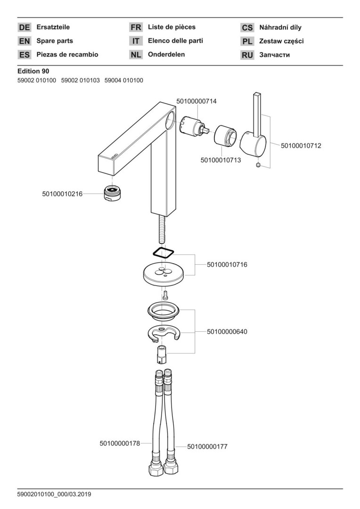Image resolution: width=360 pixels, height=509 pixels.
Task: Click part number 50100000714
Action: tap(196, 101)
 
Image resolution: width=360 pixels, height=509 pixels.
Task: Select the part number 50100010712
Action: tap(301, 146)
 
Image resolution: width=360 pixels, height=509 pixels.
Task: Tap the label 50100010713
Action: tap(221, 160)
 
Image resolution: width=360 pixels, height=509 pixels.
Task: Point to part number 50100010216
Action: tap(62, 193)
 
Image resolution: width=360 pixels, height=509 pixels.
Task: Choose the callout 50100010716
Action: tap(227, 265)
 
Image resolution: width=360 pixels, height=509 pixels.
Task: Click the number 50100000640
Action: tap(227, 332)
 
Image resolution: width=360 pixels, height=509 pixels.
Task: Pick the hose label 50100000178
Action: tap(120, 443)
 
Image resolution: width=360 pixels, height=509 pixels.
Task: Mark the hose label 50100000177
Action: tap(207, 446)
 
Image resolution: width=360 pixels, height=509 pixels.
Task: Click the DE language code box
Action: tap(25, 28)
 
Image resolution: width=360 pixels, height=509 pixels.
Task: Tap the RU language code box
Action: tap(247, 55)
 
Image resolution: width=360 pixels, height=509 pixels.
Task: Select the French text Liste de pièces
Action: tap(172, 27)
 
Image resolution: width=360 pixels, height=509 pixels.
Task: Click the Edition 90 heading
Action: tap(33, 71)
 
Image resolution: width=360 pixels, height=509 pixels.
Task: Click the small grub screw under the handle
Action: tap(258, 165)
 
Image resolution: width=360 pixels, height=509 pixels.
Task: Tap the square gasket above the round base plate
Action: tap(164, 252)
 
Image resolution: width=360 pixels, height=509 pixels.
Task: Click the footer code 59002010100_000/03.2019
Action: tap(54, 494)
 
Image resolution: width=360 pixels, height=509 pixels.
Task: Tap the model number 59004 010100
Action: tap(123, 81)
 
